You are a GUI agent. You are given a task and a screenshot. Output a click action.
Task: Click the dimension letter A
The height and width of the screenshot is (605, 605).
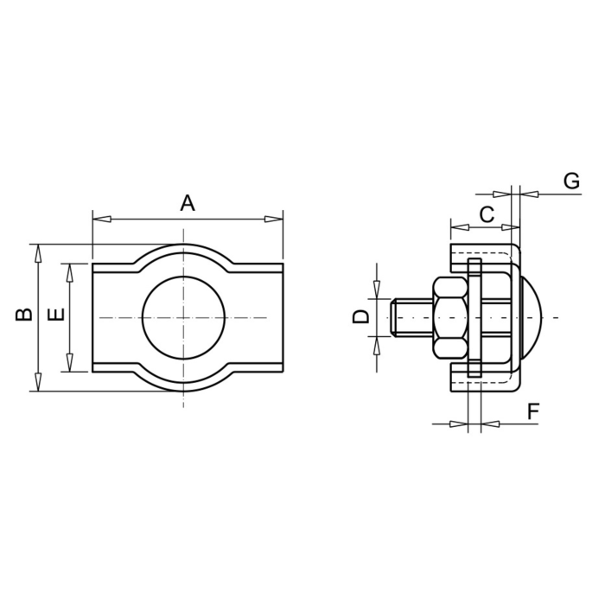pyautogui.click(x=188, y=203)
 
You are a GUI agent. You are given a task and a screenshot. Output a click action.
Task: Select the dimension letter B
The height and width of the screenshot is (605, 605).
pyautogui.click(x=24, y=315)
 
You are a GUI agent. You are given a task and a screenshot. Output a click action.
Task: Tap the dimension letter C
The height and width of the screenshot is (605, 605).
pyautogui.click(x=487, y=214)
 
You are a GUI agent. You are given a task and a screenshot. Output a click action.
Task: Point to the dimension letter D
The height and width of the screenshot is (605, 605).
pyautogui.click(x=361, y=317)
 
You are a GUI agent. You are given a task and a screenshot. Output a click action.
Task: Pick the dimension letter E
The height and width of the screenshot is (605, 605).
pyautogui.click(x=56, y=315)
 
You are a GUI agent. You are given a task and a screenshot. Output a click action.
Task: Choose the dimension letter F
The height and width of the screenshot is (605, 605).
pyautogui.click(x=533, y=411)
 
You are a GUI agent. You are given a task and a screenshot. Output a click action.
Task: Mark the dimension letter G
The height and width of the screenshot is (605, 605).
pyautogui.click(x=571, y=181)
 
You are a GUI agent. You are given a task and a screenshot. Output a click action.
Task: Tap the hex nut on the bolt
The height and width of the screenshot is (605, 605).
pyautogui.click(x=450, y=317)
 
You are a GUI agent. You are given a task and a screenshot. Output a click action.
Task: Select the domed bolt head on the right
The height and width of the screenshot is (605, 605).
pyautogui.click(x=532, y=317)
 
